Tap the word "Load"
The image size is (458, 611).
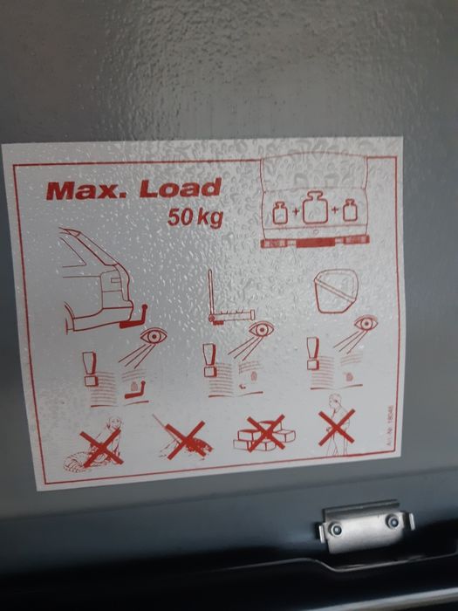pyautogui.click(x=182, y=187)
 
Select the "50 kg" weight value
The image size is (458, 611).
pyautogui.click(x=195, y=215)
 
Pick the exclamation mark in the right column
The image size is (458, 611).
pyautogui.click(x=311, y=352)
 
